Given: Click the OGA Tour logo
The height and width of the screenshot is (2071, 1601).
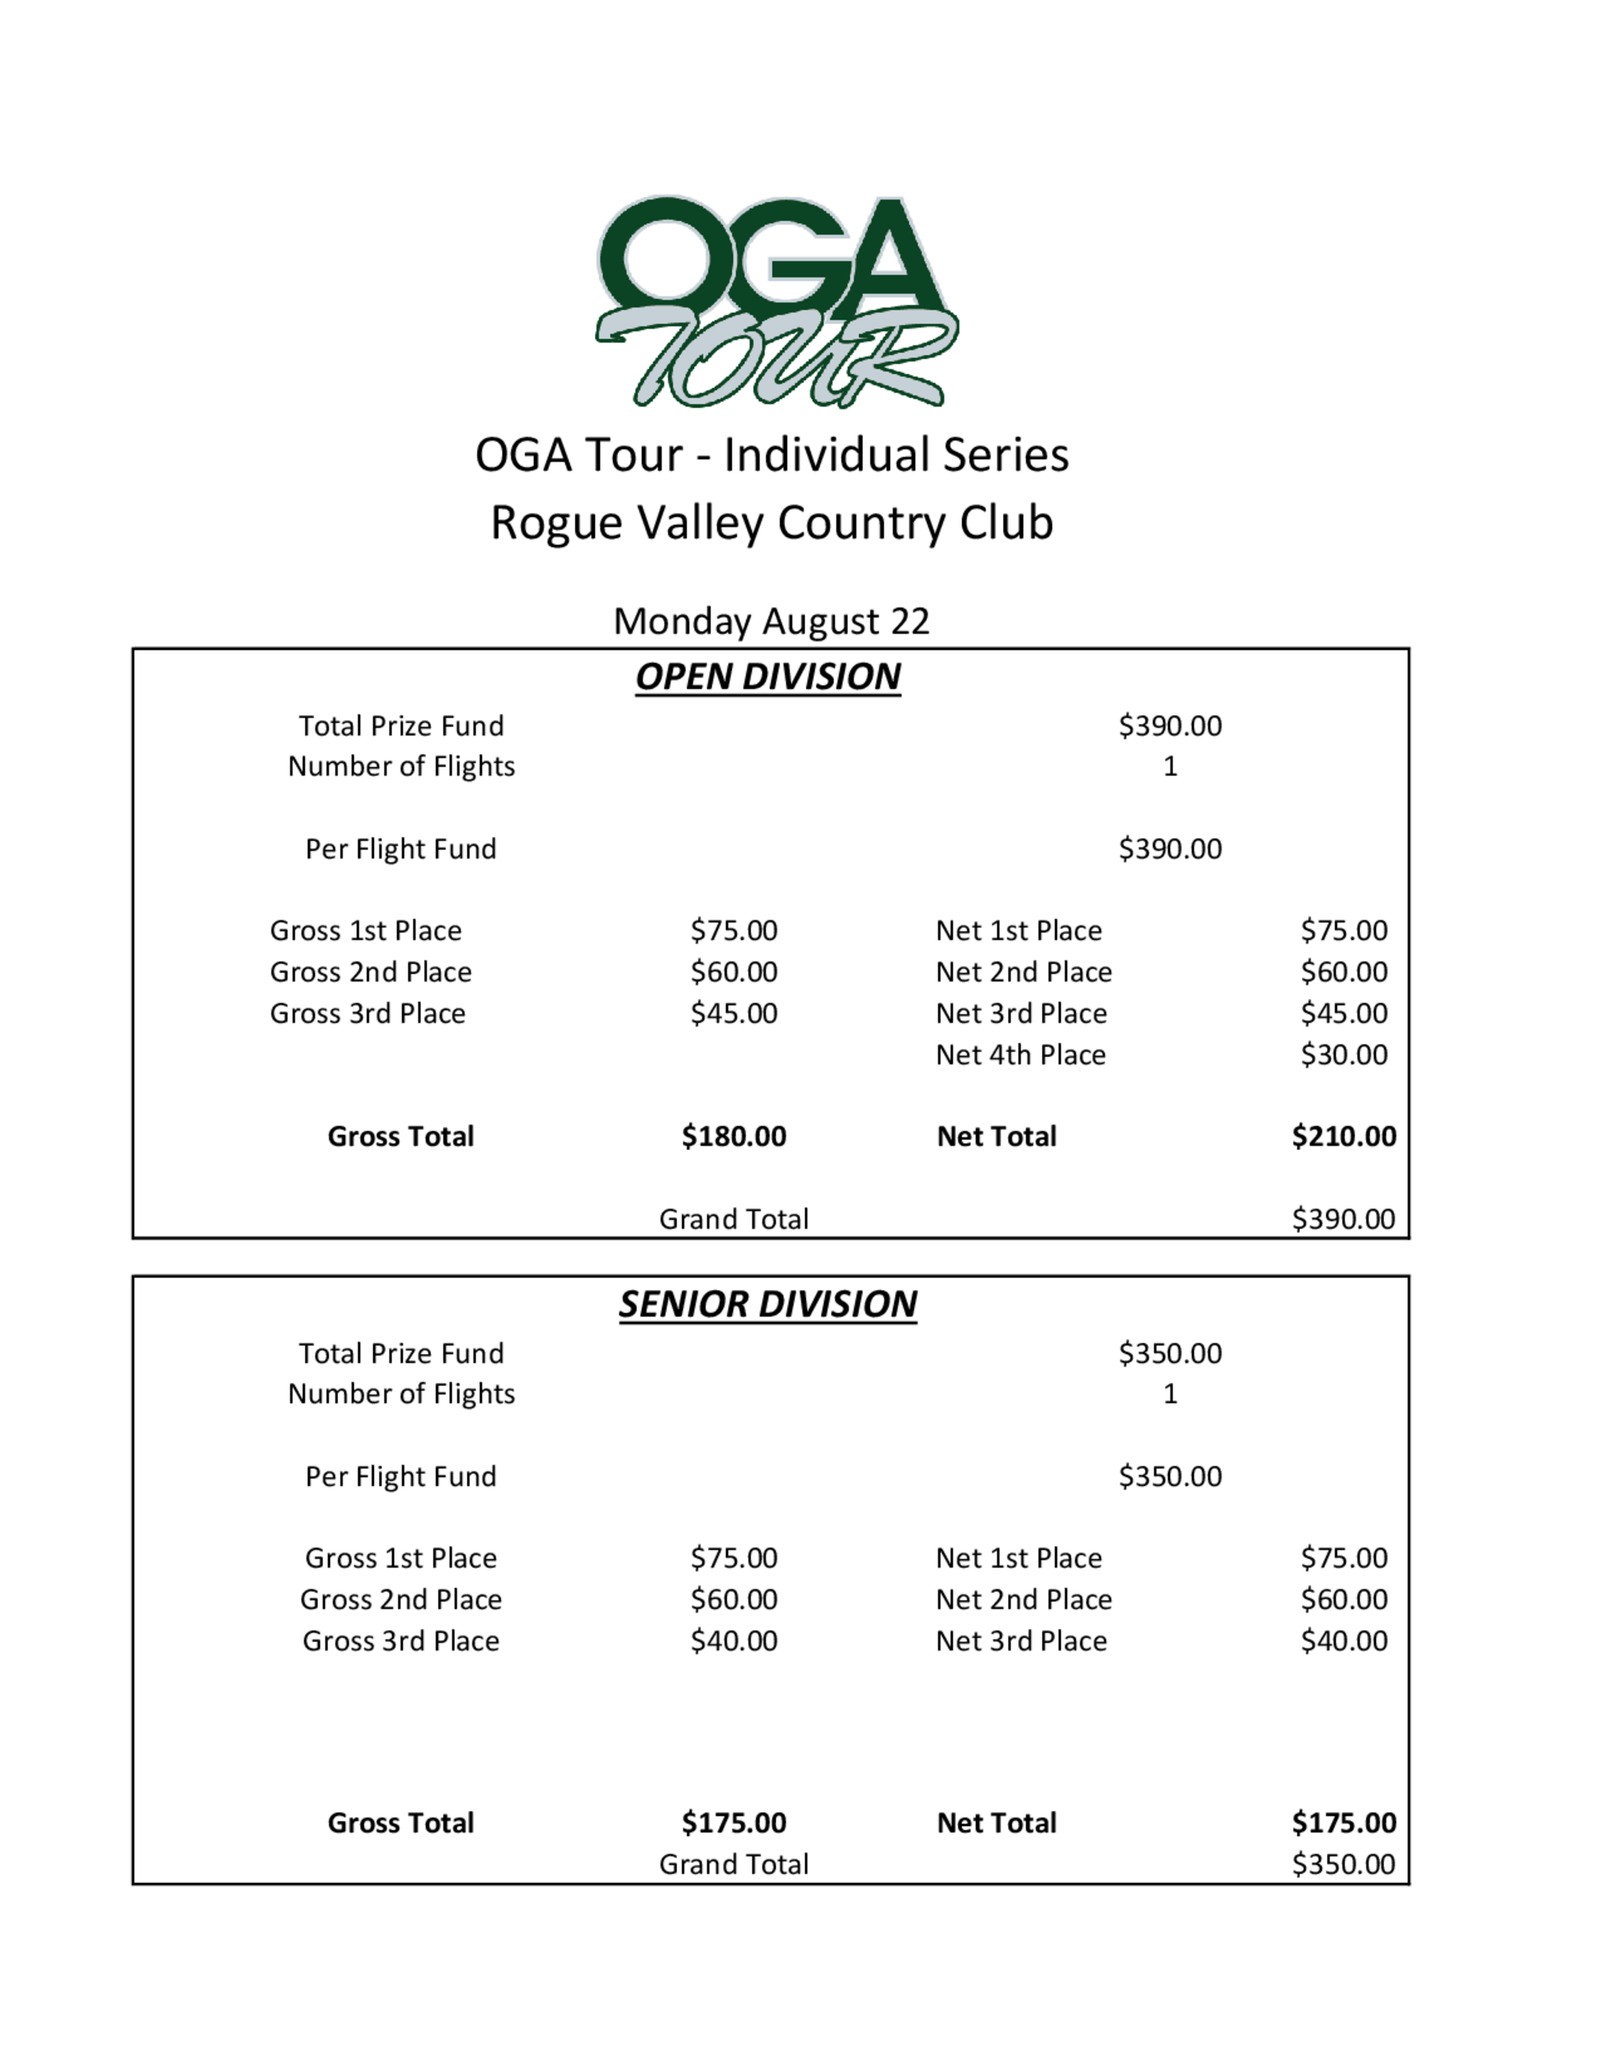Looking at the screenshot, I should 776,302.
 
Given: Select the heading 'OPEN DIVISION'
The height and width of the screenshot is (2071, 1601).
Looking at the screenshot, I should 768,677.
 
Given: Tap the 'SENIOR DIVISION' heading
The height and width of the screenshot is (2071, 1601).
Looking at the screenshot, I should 768,1304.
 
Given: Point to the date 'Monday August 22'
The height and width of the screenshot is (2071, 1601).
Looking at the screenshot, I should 771,621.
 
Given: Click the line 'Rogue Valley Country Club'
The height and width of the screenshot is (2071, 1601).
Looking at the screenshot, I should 771,523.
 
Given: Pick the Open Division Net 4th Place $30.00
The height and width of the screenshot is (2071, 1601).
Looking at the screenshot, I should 1343,1055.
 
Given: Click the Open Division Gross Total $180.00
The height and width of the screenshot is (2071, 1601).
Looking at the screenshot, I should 733,1136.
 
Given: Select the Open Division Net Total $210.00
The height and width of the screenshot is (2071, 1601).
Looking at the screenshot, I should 1343,1136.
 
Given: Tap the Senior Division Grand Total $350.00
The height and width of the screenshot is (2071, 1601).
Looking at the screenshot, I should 1343,1865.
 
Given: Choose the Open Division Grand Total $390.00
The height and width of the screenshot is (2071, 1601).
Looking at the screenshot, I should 1343,1219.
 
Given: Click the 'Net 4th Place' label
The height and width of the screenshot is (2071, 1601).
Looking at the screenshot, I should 1021,1055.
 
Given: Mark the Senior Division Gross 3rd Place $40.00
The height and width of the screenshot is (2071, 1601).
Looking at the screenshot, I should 733,1640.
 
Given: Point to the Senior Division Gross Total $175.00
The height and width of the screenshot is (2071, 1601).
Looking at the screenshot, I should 733,1823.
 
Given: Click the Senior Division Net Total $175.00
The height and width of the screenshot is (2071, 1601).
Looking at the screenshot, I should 1343,1823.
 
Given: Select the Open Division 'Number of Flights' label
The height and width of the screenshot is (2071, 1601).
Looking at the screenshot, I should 401,766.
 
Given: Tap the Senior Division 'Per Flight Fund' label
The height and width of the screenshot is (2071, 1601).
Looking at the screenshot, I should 401,1476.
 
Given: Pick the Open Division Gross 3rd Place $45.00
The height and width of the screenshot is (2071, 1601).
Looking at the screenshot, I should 733,1014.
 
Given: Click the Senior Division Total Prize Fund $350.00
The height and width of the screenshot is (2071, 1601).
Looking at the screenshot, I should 1170,1353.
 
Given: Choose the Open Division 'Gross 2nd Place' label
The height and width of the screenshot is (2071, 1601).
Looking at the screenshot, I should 371,972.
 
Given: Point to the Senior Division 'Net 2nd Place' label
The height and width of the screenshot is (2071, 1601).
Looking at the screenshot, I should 1023,1600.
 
